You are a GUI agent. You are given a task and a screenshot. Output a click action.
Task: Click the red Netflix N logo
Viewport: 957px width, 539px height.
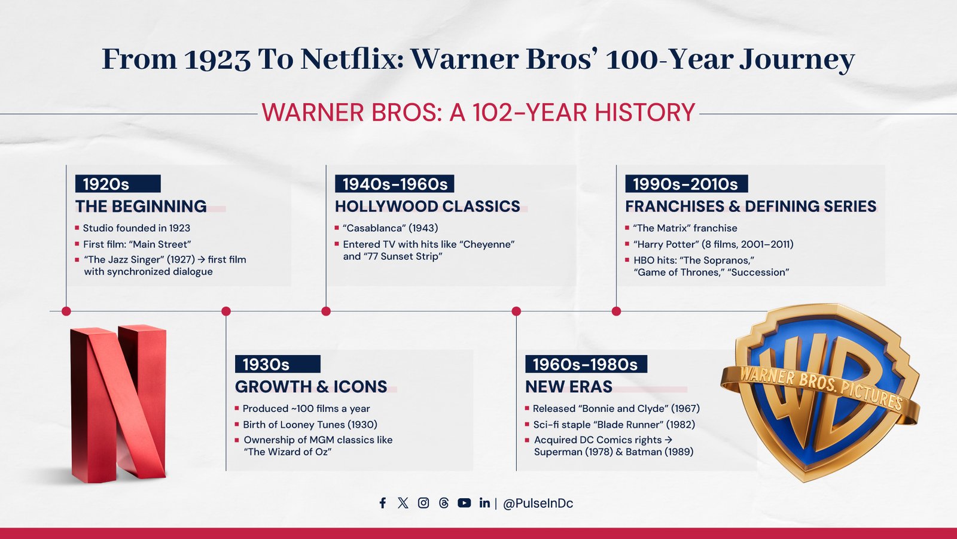coord(118,404)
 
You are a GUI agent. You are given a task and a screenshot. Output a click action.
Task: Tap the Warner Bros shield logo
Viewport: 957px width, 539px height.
coord(820,392)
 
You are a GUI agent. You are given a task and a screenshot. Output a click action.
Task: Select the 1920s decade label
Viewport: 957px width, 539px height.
coord(118,184)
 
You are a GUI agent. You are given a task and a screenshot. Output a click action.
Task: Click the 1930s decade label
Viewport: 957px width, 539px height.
coord(278,365)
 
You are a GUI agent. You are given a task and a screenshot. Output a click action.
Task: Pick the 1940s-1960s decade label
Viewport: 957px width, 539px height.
coord(394,184)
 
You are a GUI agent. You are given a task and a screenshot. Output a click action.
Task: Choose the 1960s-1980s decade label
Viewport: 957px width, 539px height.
coord(586,365)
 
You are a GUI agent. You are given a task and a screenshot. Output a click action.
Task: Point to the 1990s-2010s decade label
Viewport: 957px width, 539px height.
coord(686,184)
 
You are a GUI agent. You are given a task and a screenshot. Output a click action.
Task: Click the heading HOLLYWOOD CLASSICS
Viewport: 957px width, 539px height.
coord(427,206)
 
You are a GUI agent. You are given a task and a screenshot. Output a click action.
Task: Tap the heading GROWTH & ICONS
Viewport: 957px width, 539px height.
coord(311,387)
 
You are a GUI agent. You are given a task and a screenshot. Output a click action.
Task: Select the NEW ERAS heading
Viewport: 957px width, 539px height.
coord(569,387)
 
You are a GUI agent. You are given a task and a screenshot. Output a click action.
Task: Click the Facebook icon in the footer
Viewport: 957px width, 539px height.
coord(383,503)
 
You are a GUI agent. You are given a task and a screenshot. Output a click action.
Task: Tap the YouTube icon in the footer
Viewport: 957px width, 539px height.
coord(464,503)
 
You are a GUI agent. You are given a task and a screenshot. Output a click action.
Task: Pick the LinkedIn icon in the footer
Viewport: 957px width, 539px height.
coord(484,503)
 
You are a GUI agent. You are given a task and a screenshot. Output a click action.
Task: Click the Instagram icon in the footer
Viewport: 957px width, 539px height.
coord(423,503)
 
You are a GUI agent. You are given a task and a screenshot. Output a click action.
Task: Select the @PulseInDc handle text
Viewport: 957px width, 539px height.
coord(538,504)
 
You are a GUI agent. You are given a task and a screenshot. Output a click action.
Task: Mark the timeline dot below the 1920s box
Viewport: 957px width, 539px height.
coord(66,311)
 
